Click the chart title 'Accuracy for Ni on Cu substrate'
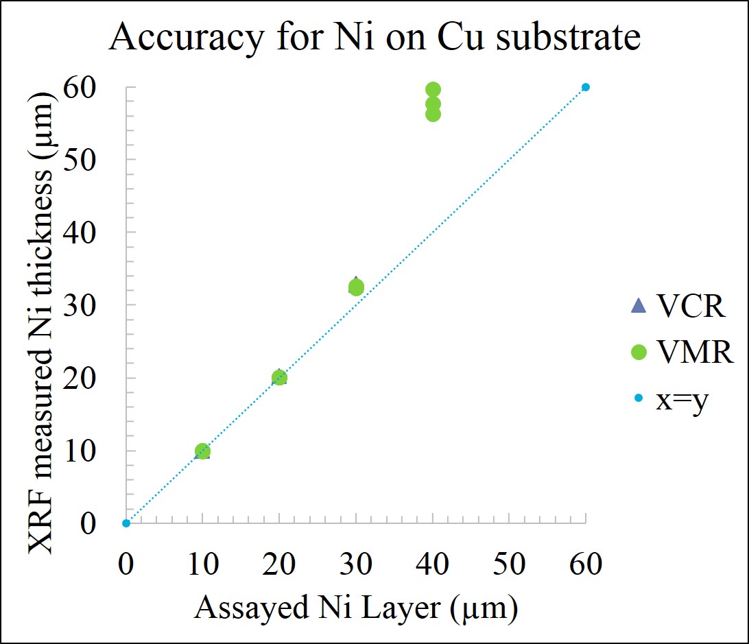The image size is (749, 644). click(374, 38)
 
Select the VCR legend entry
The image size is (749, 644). click(678, 307)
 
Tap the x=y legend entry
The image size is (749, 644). click(671, 398)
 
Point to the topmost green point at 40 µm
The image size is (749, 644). click(433, 90)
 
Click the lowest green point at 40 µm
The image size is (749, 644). click(433, 114)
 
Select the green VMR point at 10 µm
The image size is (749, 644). click(202, 451)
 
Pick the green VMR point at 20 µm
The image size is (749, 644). click(279, 377)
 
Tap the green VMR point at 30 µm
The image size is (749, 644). click(356, 287)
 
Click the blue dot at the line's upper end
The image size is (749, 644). click(586, 87)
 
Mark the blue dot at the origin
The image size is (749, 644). click(126, 523)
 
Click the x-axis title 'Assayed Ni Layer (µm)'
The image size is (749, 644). click(355, 607)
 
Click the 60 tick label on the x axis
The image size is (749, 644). click(585, 564)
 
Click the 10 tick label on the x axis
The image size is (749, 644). click(202, 564)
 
